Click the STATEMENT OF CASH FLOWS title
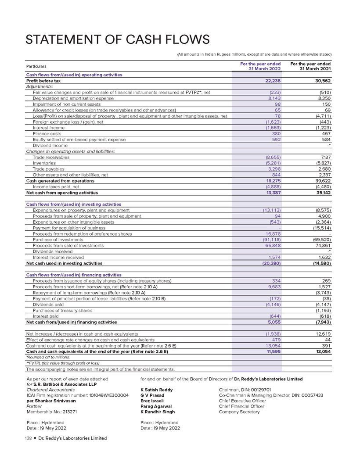tap(118, 40)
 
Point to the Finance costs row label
tap(47, 133)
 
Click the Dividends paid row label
tap(47, 305)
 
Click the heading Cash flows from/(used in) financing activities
tap(74, 275)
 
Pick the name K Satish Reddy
tap(156, 390)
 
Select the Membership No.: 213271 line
tap(52, 412)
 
